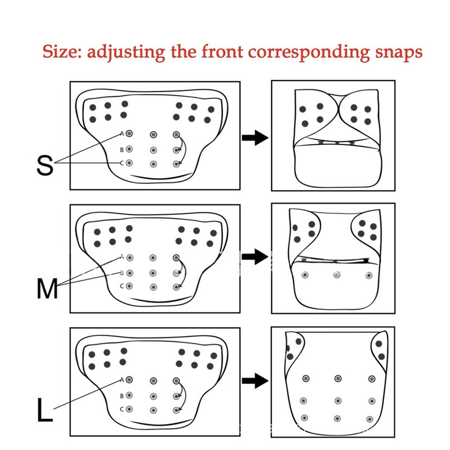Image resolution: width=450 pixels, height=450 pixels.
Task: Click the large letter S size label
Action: pyautogui.click(x=45, y=165)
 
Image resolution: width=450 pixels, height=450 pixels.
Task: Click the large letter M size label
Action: pyautogui.click(x=47, y=289)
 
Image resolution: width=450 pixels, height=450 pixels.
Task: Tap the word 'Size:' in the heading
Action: pyautogui.click(x=62, y=52)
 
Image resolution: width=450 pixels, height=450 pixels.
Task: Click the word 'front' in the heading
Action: pyautogui.click(x=222, y=52)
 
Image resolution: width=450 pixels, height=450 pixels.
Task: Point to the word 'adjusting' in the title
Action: pyautogui.click(x=126, y=53)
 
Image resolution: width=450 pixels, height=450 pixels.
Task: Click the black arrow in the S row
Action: pyautogui.click(x=255, y=138)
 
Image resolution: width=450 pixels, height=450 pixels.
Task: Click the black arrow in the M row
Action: pyautogui.click(x=255, y=256)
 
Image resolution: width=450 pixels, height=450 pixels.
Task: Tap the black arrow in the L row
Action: pyautogui.click(x=255, y=381)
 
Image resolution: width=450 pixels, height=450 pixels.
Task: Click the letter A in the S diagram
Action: pyautogui.click(x=121, y=133)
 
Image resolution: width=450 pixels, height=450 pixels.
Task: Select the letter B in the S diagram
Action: pyautogui.click(x=121, y=150)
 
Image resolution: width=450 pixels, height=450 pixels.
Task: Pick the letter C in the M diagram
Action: pyautogui.click(x=121, y=286)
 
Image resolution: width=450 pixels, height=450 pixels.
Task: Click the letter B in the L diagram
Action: pyautogui.click(x=121, y=396)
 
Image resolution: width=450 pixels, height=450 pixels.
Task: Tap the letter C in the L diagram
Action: pyautogui.click(x=121, y=409)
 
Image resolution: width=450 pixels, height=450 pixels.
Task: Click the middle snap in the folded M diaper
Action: pyautogui.click(x=337, y=275)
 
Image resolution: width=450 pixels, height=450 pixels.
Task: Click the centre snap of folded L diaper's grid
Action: pyautogui.click(x=338, y=400)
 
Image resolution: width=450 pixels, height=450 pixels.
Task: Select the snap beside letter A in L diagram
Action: pyautogui.click(x=129, y=380)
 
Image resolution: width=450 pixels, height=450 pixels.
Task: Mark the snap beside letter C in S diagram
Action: pyautogui.click(x=129, y=163)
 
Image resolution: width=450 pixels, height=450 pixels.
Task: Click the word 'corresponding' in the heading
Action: pyautogui.click(x=309, y=53)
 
